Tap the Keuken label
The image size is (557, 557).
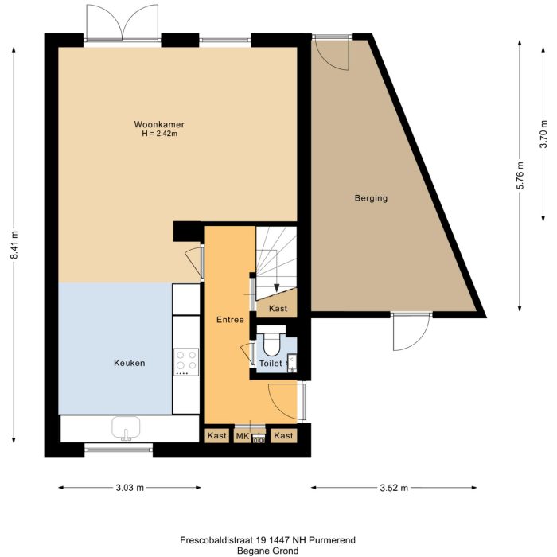(129, 363)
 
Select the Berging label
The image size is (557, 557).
(371, 198)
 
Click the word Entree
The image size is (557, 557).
(230, 319)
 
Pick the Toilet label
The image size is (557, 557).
(271, 364)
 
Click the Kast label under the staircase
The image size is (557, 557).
(278, 308)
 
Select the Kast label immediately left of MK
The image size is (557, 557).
(216, 436)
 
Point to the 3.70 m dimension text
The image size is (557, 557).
(543, 134)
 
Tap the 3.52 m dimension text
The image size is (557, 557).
(394, 488)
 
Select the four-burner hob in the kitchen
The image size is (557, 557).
(185, 363)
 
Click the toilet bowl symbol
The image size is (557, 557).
(271, 345)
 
